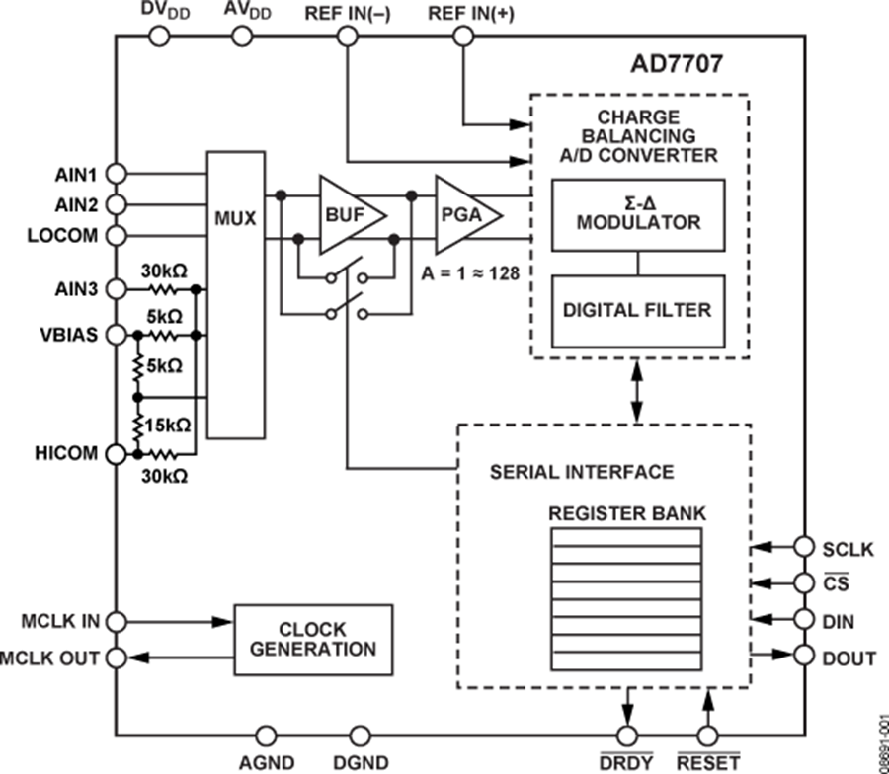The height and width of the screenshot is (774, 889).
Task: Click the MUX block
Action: click(x=234, y=294)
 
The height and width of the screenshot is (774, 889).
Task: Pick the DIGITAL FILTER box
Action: click(x=638, y=310)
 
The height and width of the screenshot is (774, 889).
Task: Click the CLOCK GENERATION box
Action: click(x=313, y=640)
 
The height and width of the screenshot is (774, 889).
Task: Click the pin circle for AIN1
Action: click(x=116, y=173)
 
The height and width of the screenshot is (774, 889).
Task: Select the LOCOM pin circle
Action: click(x=116, y=237)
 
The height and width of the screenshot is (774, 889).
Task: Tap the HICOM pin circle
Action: click(x=116, y=454)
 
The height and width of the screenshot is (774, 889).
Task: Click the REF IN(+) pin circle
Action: click(x=461, y=37)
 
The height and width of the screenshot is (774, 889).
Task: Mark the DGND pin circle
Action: click(x=360, y=735)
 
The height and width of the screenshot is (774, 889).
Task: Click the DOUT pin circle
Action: click(x=806, y=657)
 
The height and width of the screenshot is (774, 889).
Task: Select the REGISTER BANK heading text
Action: click(x=626, y=514)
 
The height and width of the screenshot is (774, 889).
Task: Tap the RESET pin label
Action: click(x=707, y=763)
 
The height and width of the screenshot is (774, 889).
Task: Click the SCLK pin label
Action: click(x=846, y=546)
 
